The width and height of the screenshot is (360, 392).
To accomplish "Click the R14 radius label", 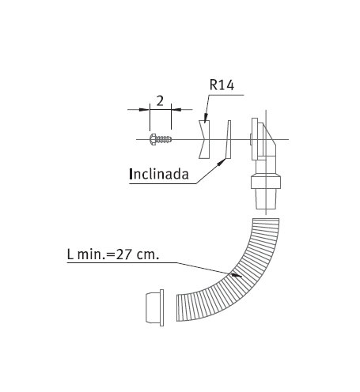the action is [x=222, y=85].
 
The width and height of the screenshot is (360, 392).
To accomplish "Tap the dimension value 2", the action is [x=160, y=101].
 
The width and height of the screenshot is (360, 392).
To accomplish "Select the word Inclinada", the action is [x=159, y=174].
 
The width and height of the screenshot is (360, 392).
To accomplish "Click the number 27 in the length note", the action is [x=123, y=254].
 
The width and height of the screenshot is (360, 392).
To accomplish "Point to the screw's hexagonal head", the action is [x=153, y=139].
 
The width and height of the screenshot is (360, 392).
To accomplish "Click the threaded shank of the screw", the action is [x=164, y=139].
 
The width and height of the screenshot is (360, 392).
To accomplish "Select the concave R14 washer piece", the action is [x=204, y=139].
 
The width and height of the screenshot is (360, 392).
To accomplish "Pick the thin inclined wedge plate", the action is [x=228, y=140].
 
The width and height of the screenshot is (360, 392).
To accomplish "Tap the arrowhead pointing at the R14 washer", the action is [x=206, y=118].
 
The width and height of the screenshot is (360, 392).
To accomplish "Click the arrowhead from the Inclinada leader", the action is [x=222, y=161].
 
